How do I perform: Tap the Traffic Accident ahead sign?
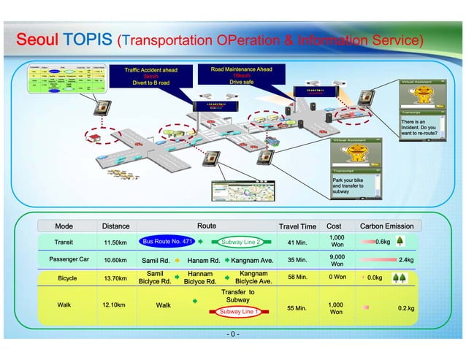150,76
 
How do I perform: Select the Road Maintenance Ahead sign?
241,75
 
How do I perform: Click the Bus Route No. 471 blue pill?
167,241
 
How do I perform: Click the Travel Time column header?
297,226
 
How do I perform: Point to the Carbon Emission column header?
386,226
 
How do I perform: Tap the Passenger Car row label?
69,259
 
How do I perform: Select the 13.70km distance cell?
115,278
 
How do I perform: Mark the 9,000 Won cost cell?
337,259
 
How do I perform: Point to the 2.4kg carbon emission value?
406,260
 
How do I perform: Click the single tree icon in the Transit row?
400,242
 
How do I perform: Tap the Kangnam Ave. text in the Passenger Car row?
252,260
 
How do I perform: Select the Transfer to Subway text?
238,296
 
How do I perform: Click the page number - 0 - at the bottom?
232,335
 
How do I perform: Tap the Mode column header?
64,226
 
